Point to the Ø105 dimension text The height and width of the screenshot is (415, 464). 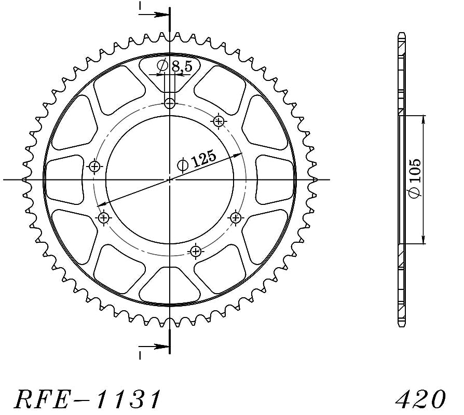pyautogui.click(x=415, y=179)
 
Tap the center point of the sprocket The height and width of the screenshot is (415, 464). pyautogui.click(x=170, y=179)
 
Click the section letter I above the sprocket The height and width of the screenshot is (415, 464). pyautogui.click(x=140, y=7)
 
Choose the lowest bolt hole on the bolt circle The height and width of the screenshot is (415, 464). pyautogui.click(x=196, y=252)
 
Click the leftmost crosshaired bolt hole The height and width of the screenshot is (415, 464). pyautogui.click(x=94, y=167)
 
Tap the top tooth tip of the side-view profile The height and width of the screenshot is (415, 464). pyautogui.click(x=401, y=34)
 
